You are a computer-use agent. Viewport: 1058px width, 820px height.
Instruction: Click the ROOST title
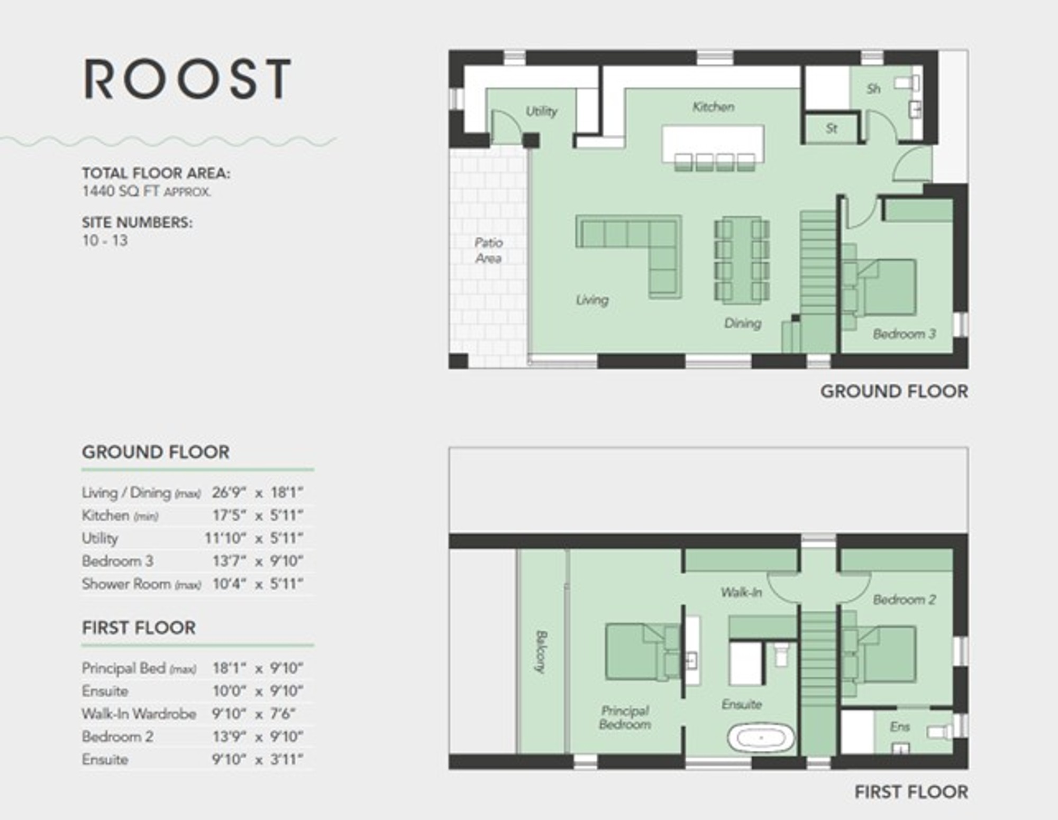(187, 79)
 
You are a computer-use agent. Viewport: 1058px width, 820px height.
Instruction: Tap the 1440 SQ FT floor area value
(121, 191)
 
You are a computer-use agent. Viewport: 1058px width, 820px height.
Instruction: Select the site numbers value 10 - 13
(105, 241)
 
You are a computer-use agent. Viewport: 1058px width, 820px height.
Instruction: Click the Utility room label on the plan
(541, 111)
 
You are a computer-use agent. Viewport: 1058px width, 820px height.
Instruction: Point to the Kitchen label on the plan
(713, 107)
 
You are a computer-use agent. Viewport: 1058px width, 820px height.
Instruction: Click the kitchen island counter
(713, 143)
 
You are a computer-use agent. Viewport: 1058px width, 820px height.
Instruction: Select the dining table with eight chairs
(742, 260)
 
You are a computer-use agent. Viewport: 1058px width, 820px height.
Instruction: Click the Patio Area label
(488, 251)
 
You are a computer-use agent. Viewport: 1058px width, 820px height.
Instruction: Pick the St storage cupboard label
(831, 128)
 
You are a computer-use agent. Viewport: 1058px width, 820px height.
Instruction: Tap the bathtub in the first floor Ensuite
(761, 737)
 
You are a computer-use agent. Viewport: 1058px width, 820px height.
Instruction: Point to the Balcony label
(540, 652)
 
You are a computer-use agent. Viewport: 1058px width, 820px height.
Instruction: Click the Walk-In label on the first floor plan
(741, 592)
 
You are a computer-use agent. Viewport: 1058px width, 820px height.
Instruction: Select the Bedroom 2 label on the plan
(905, 600)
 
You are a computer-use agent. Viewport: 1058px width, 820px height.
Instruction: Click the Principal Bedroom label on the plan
(625, 717)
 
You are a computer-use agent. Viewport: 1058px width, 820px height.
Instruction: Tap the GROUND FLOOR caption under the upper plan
(894, 392)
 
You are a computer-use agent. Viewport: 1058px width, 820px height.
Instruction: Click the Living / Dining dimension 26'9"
(229, 493)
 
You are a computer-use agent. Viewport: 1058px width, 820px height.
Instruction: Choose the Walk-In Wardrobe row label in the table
(139, 714)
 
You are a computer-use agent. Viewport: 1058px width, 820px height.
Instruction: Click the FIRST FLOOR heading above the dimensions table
(139, 628)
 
